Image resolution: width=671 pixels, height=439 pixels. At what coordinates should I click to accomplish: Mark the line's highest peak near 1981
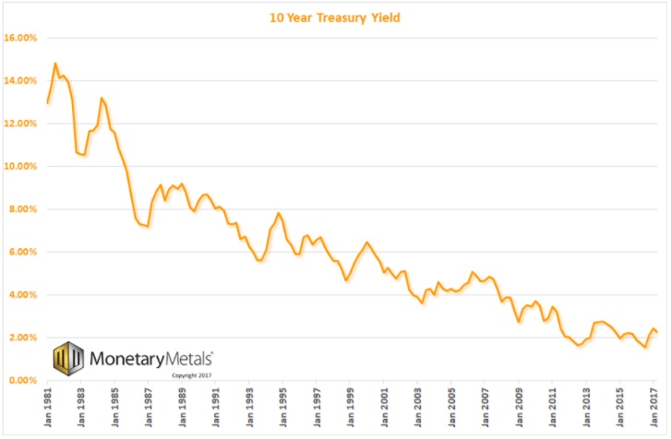tap(55, 64)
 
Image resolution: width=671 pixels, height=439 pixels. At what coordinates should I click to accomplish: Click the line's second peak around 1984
tap(102, 98)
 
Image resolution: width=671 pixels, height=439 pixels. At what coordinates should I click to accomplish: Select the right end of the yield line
tap(657, 333)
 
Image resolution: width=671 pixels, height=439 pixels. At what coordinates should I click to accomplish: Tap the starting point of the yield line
tap(47, 102)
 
